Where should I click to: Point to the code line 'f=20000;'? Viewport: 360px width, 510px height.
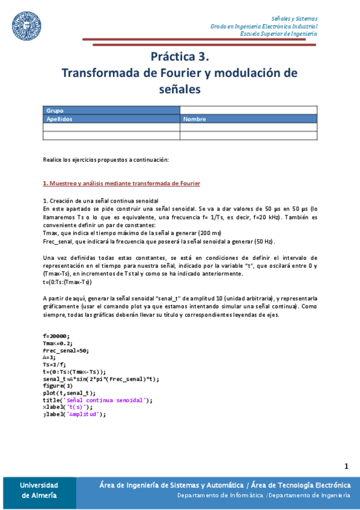coord(56,336)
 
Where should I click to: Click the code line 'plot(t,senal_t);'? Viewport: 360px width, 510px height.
coord(69,393)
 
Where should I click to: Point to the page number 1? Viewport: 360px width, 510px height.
coord(346,466)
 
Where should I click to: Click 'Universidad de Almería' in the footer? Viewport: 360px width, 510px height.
coord(39,490)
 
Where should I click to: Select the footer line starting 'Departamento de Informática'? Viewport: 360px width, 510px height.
coord(263,495)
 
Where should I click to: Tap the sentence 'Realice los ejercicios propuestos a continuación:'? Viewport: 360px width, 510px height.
coord(106,159)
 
